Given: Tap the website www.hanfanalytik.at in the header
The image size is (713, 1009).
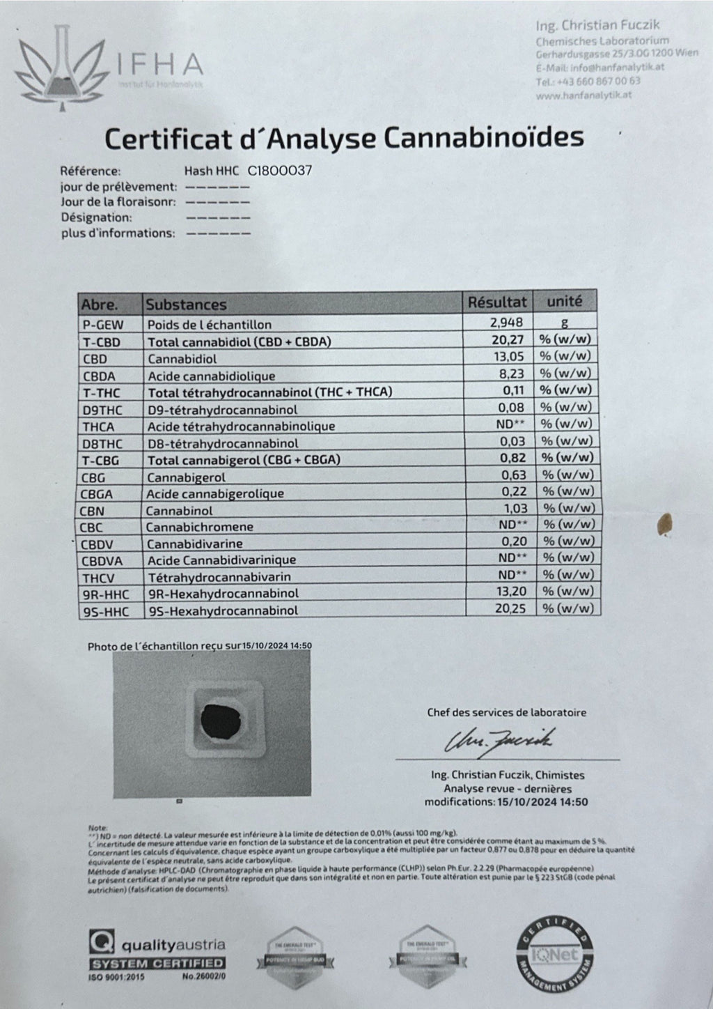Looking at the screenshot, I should pyautogui.click(x=584, y=95).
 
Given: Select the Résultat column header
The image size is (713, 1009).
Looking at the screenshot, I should pyautogui.click(x=497, y=302).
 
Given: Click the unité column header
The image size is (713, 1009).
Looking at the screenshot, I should pyautogui.click(x=564, y=302).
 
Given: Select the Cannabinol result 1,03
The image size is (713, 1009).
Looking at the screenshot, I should pyautogui.click(x=517, y=509).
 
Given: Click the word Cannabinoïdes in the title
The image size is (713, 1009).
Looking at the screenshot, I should pyautogui.click(x=482, y=137).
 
